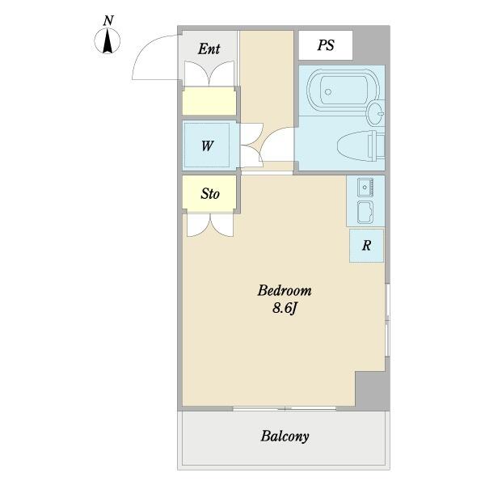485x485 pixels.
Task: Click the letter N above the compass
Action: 108,21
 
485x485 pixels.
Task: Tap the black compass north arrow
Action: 108,40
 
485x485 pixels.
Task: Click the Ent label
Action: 209,48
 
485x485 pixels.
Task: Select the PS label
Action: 326,45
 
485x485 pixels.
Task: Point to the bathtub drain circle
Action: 328,91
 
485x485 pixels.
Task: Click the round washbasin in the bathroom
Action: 375,114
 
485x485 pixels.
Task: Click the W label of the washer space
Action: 207,145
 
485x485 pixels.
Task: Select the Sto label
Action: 210,194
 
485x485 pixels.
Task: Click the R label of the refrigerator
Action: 366,245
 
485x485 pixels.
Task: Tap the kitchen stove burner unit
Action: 365,188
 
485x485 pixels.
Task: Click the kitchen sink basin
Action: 365,212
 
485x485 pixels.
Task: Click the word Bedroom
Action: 285,291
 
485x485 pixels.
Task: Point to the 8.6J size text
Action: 285,308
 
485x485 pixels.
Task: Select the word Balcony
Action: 285,436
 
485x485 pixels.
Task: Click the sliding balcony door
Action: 285,408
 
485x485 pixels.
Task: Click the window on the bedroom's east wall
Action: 387,320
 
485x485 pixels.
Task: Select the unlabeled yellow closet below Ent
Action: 209,101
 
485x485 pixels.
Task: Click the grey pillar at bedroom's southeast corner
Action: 372,391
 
